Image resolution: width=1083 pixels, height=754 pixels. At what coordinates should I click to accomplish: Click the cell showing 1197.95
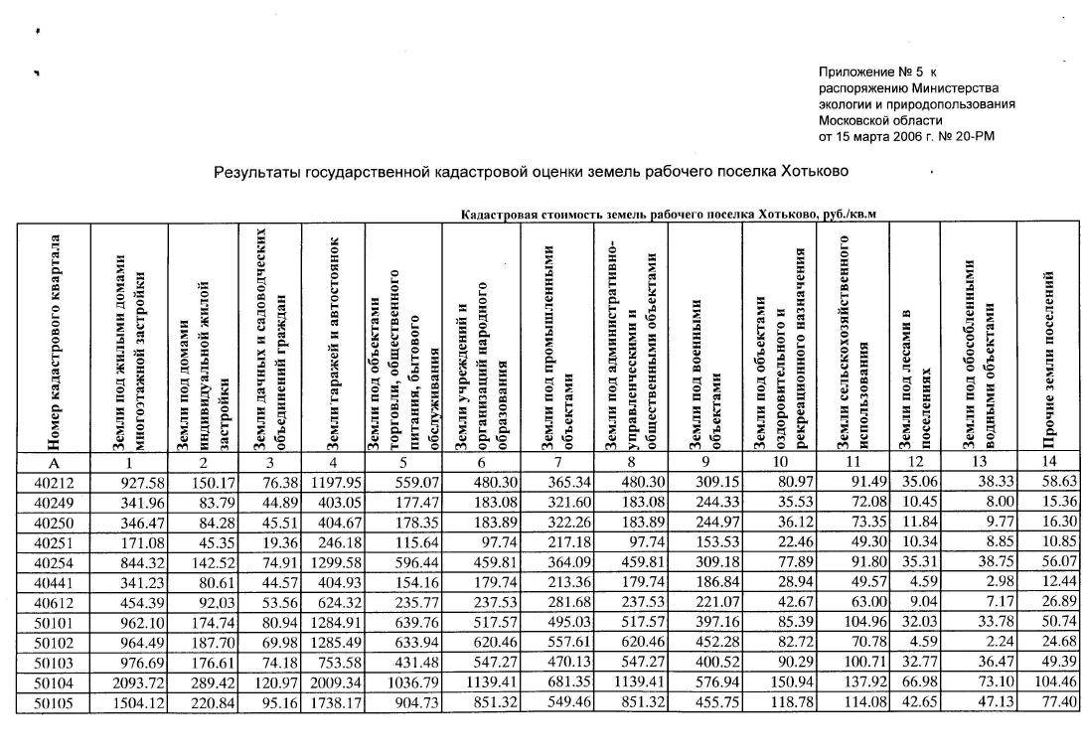pyautogui.click(x=333, y=481)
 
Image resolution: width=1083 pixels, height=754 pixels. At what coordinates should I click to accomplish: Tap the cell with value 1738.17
pyautogui.click(x=333, y=703)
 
